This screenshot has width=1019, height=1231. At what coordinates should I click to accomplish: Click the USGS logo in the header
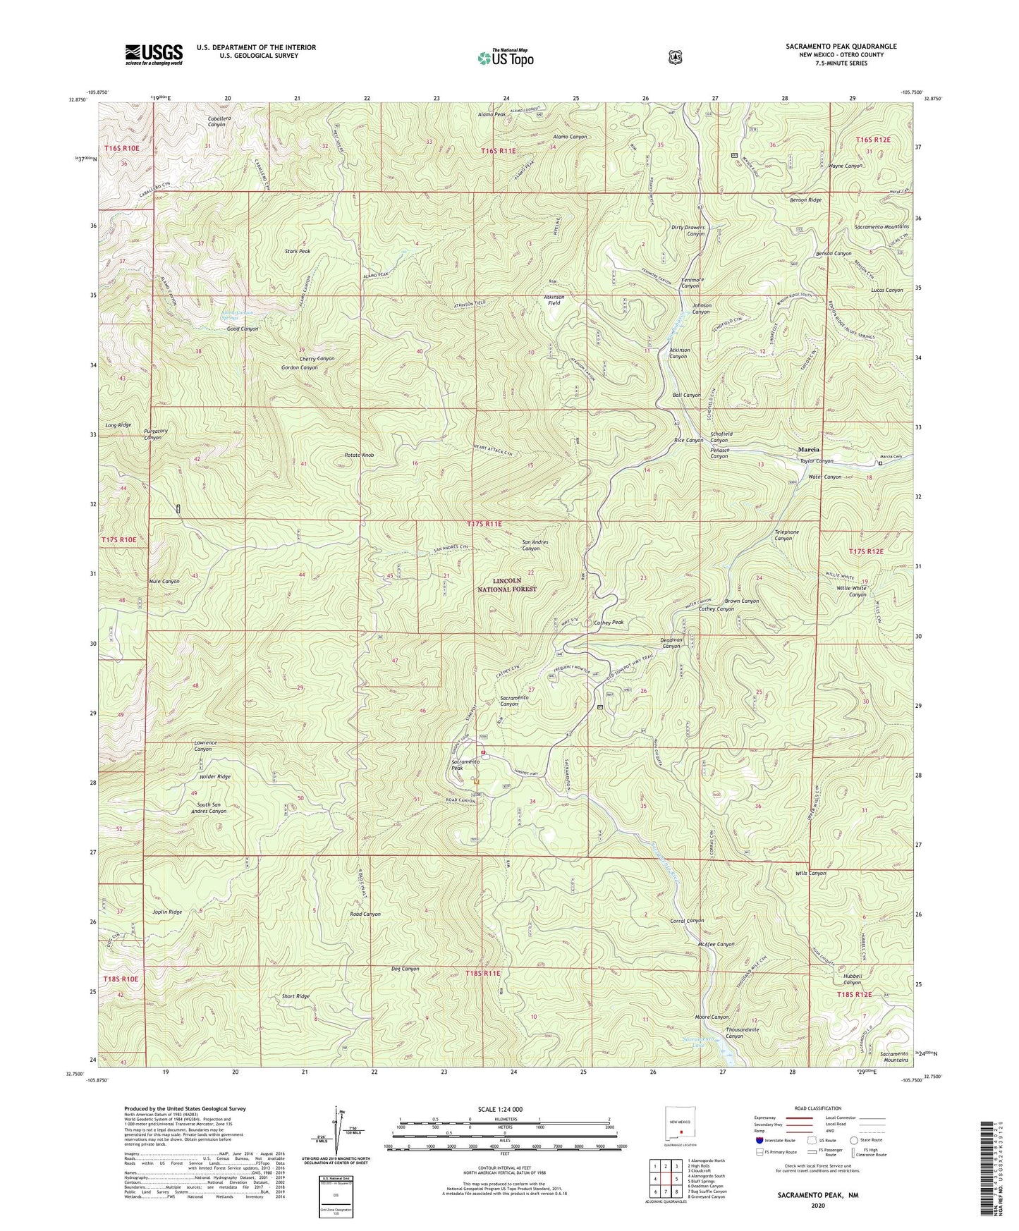(x=154, y=54)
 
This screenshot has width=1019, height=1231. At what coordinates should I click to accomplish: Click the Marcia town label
(x=808, y=449)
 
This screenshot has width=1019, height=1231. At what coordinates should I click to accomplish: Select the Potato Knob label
(x=359, y=455)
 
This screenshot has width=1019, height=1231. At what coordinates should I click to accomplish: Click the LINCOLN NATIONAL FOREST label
(x=504, y=584)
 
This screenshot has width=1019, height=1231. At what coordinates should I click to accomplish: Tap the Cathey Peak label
(x=609, y=623)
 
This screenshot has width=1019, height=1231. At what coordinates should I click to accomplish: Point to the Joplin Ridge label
(x=167, y=912)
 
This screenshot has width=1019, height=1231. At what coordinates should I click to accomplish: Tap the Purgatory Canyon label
(x=153, y=434)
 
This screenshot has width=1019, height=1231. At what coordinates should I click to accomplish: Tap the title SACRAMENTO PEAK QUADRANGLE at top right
(x=841, y=47)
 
